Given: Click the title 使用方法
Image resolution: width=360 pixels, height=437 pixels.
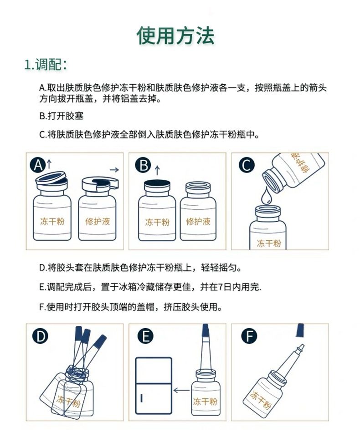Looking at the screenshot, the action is tap(175, 36).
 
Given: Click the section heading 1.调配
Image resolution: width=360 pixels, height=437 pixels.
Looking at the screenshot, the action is tap(46, 65).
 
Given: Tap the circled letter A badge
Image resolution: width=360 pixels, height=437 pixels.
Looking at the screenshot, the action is tap(38, 165).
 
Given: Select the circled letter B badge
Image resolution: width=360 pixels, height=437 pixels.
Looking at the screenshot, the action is tap(143, 165).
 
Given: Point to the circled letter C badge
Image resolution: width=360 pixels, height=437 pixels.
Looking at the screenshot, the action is tap(247, 165).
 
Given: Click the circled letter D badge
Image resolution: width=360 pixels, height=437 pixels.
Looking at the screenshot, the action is tap(40, 336).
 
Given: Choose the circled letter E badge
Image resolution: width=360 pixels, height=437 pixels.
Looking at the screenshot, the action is tap(145, 336).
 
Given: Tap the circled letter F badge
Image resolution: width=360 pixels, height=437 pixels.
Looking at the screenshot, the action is tap(249, 336).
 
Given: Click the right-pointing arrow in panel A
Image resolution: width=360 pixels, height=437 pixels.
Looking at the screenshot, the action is tap(114, 169).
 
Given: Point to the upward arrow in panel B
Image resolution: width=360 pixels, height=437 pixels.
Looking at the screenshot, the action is tap(157, 170).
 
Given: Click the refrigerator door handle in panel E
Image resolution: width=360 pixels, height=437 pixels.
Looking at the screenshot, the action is tap(142, 398).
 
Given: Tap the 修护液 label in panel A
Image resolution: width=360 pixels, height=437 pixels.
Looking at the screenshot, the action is tap(98, 222).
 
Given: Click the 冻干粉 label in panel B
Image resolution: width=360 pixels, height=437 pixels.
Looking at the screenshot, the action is tap(157, 222).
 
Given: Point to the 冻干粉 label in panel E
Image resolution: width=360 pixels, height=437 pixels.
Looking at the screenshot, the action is tap(205, 401).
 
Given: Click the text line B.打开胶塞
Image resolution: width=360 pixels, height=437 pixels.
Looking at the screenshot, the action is tap(62, 116).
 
